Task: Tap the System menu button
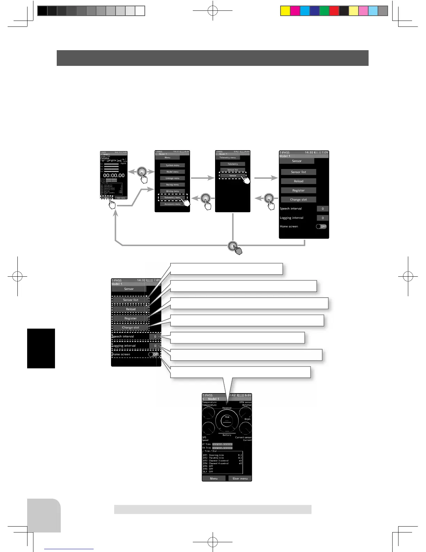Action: [172, 165]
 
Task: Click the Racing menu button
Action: [172, 185]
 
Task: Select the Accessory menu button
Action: [172, 204]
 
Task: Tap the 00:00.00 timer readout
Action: [113, 176]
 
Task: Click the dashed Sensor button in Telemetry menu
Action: [232, 176]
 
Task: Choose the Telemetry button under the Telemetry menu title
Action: [232, 164]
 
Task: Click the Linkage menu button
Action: [172, 178]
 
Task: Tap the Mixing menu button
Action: [172, 191]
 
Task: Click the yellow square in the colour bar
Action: [285, 11]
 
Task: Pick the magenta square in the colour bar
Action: [295, 11]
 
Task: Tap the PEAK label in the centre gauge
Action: [227, 417]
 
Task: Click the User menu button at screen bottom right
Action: [240, 478]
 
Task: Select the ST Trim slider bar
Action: [222, 444]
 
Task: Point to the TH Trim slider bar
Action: [222, 448]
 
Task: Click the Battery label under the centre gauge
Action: [227, 435]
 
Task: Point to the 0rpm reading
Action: [247, 419]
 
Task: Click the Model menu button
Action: [172, 172]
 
